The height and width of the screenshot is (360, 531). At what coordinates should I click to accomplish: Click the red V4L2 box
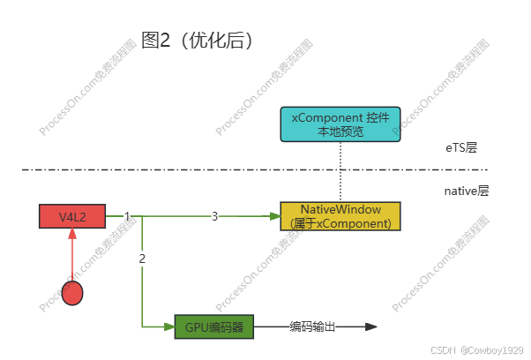[x=71, y=216]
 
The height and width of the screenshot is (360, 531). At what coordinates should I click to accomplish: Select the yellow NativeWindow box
[x=340, y=216]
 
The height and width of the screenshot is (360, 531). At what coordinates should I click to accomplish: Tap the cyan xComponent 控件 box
[x=340, y=124]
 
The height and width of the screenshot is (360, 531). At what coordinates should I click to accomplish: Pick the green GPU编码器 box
[x=214, y=327]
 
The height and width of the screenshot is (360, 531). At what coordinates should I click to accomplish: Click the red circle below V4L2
[x=72, y=293]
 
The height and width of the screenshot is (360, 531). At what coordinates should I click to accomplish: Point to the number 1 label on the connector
[x=127, y=216]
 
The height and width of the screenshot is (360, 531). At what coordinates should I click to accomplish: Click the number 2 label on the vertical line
[x=142, y=259]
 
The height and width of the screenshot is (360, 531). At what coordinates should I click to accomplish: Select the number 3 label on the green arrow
[x=214, y=216]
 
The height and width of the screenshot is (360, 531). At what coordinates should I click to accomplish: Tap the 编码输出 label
[x=313, y=327]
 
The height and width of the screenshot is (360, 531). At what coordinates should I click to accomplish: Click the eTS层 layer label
[x=460, y=148]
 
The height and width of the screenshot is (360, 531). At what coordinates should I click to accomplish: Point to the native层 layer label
[x=466, y=191]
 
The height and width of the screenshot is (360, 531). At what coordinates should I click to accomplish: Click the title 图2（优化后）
[x=197, y=41]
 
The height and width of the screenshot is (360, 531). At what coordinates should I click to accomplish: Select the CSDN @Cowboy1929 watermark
[x=477, y=349]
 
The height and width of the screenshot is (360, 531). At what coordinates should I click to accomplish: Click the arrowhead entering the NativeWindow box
[x=273, y=216]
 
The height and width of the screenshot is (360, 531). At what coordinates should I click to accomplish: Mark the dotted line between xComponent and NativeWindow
[x=340, y=172]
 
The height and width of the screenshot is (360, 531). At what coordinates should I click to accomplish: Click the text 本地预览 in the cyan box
[x=340, y=132]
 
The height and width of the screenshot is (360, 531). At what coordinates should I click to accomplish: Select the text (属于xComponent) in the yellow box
[x=340, y=223]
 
